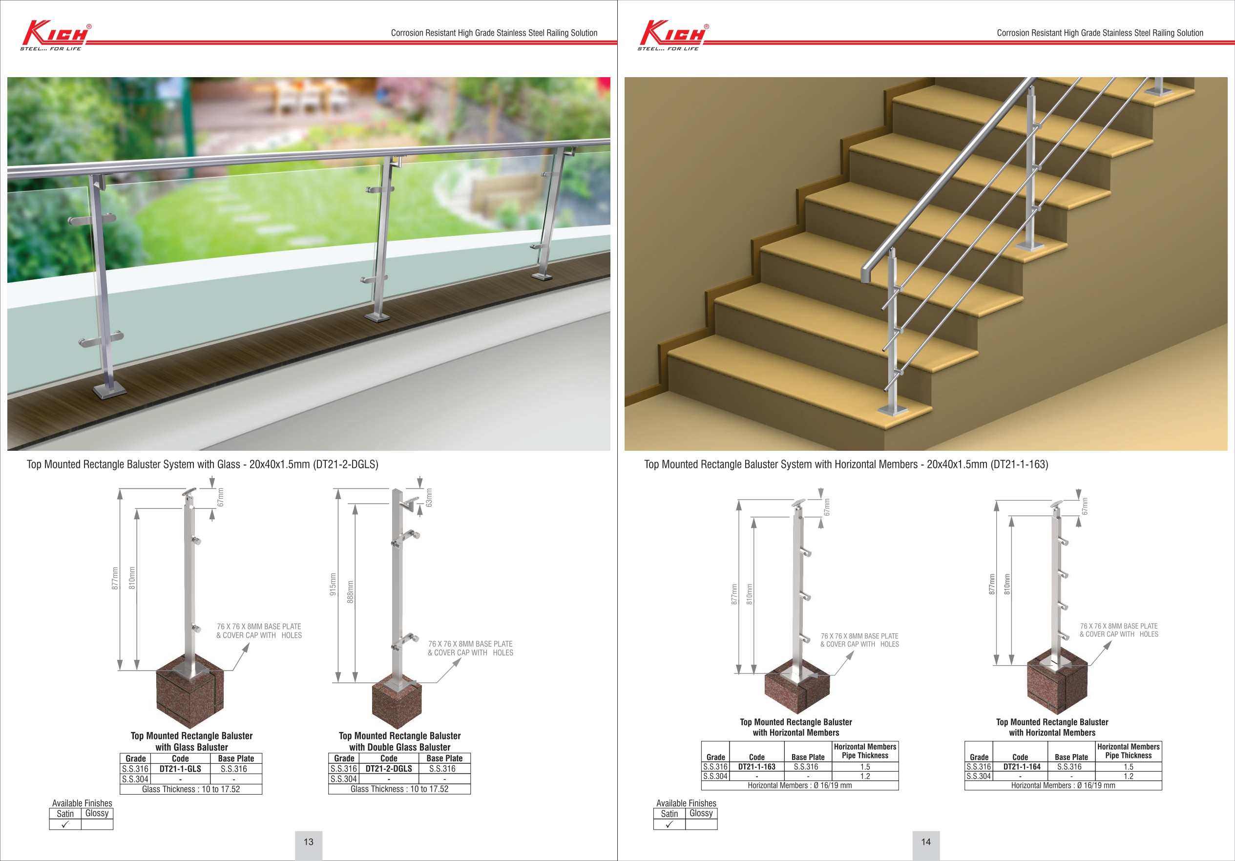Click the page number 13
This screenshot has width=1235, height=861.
(308, 841)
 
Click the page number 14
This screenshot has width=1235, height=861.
(926, 841)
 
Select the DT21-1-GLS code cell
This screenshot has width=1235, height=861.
(180, 769)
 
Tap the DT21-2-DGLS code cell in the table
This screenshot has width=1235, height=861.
(388, 769)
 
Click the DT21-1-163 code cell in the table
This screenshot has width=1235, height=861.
(756, 766)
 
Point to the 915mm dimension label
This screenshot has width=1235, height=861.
(333, 584)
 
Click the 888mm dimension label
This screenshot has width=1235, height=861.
(350, 591)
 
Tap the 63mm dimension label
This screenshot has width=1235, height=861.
(429, 498)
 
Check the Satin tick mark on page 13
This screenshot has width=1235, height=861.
(65, 824)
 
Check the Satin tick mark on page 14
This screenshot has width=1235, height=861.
(669, 824)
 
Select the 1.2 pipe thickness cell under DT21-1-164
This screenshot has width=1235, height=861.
(1128, 776)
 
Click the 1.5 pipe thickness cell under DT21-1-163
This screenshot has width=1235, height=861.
(864, 766)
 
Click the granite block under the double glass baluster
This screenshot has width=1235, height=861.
(397, 706)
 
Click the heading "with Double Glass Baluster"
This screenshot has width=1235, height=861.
(399, 747)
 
